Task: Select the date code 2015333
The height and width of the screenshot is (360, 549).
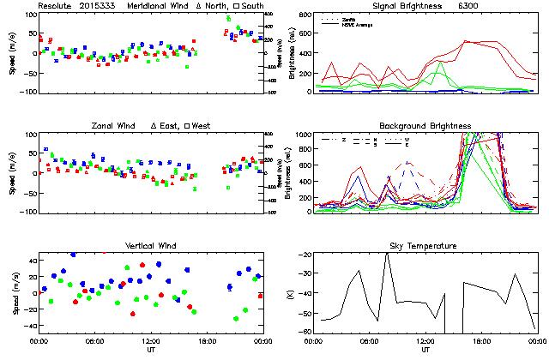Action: coord(99,5)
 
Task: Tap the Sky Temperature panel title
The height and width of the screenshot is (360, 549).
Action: coord(425,246)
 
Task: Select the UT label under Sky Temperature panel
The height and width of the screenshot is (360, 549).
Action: coord(425,350)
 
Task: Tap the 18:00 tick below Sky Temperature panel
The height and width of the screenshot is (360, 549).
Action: coord(480,341)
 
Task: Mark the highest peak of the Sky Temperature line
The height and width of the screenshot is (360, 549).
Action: coord(387,254)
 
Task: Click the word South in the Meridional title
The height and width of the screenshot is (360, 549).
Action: coord(253,5)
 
